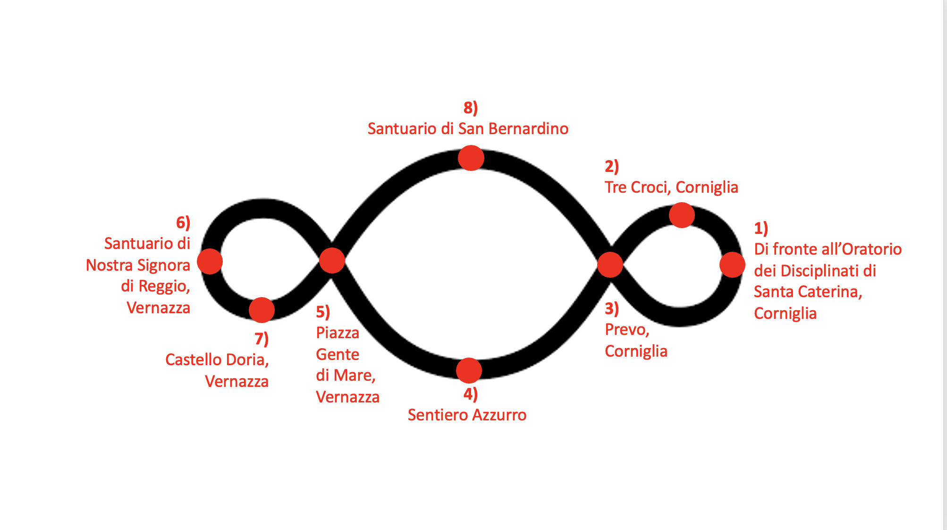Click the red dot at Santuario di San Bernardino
pyautogui.click(x=471, y=158)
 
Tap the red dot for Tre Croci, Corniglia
pyautogui.click(x=682, y=215)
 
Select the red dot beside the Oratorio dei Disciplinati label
pyautogui.click(x=732, y=265)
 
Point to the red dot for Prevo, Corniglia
pyautogui.click(x=610, y=265)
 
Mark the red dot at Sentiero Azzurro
pyautogui.click(x=469, y=370)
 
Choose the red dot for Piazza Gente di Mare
pyautogui.click(x=332, y=261)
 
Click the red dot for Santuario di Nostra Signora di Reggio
pyautogui.click(x=210, y=262)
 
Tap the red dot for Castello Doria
pyautogui.click(x=262, y=310)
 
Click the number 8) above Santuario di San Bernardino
pyautogui.click(x=471, y=108)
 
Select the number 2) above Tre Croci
pyautogui.click(x=612, y=166)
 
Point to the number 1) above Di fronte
pyautogui.click(x=761, y=229)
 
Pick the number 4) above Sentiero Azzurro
pyautogui.click(x=471, y=394)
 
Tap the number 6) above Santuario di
pyautogui.click(x=183, y=222)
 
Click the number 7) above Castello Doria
pyautogui.click(x=262, y=339)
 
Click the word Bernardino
pyautogui.click(x=528, y=128)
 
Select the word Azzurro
pyautogui.click(x=499, y=415)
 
